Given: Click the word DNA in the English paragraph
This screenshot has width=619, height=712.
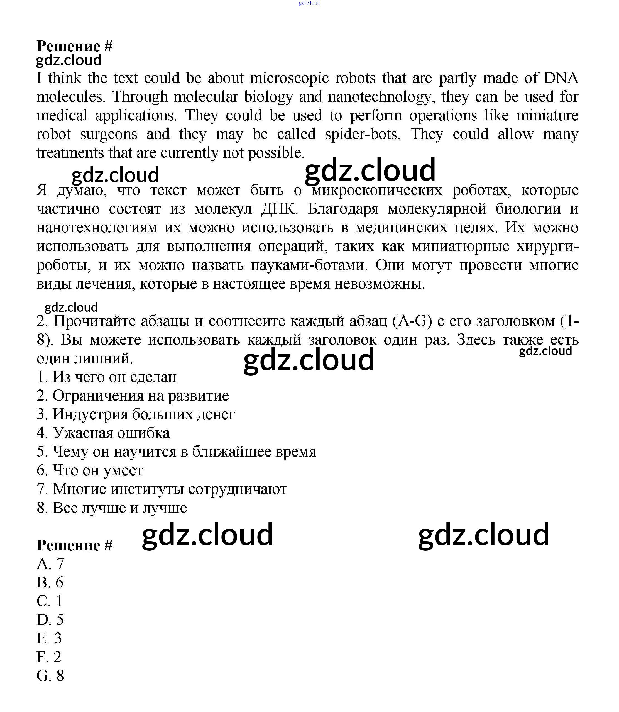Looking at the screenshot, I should pyautogui.click(x=561, y=78).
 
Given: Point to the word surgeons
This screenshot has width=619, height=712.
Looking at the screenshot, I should pyautogui.click(x=109, y=134).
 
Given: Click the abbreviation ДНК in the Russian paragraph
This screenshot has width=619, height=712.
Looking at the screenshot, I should pyautogui.click(x=279, y=209).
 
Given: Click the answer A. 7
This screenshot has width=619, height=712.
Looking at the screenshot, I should pyautogui.click(x=50, y=564).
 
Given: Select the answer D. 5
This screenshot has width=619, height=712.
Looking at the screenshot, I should pyautogui.click(x=50, y=620).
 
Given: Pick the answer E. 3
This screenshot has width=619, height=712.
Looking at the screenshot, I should pyautogui.click(x=49, y=638).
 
